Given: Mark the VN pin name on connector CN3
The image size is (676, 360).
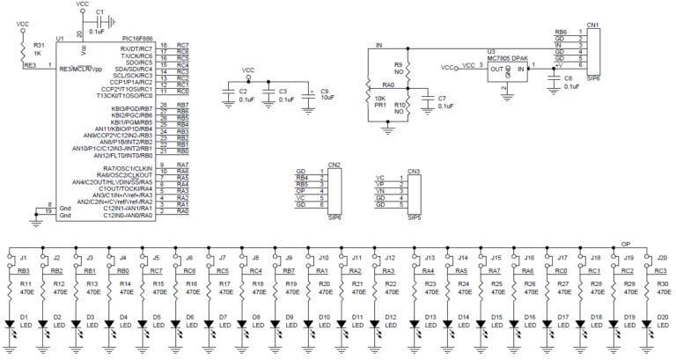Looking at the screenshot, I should [380, 191].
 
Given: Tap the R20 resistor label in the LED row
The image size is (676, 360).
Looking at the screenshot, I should [326, 284].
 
